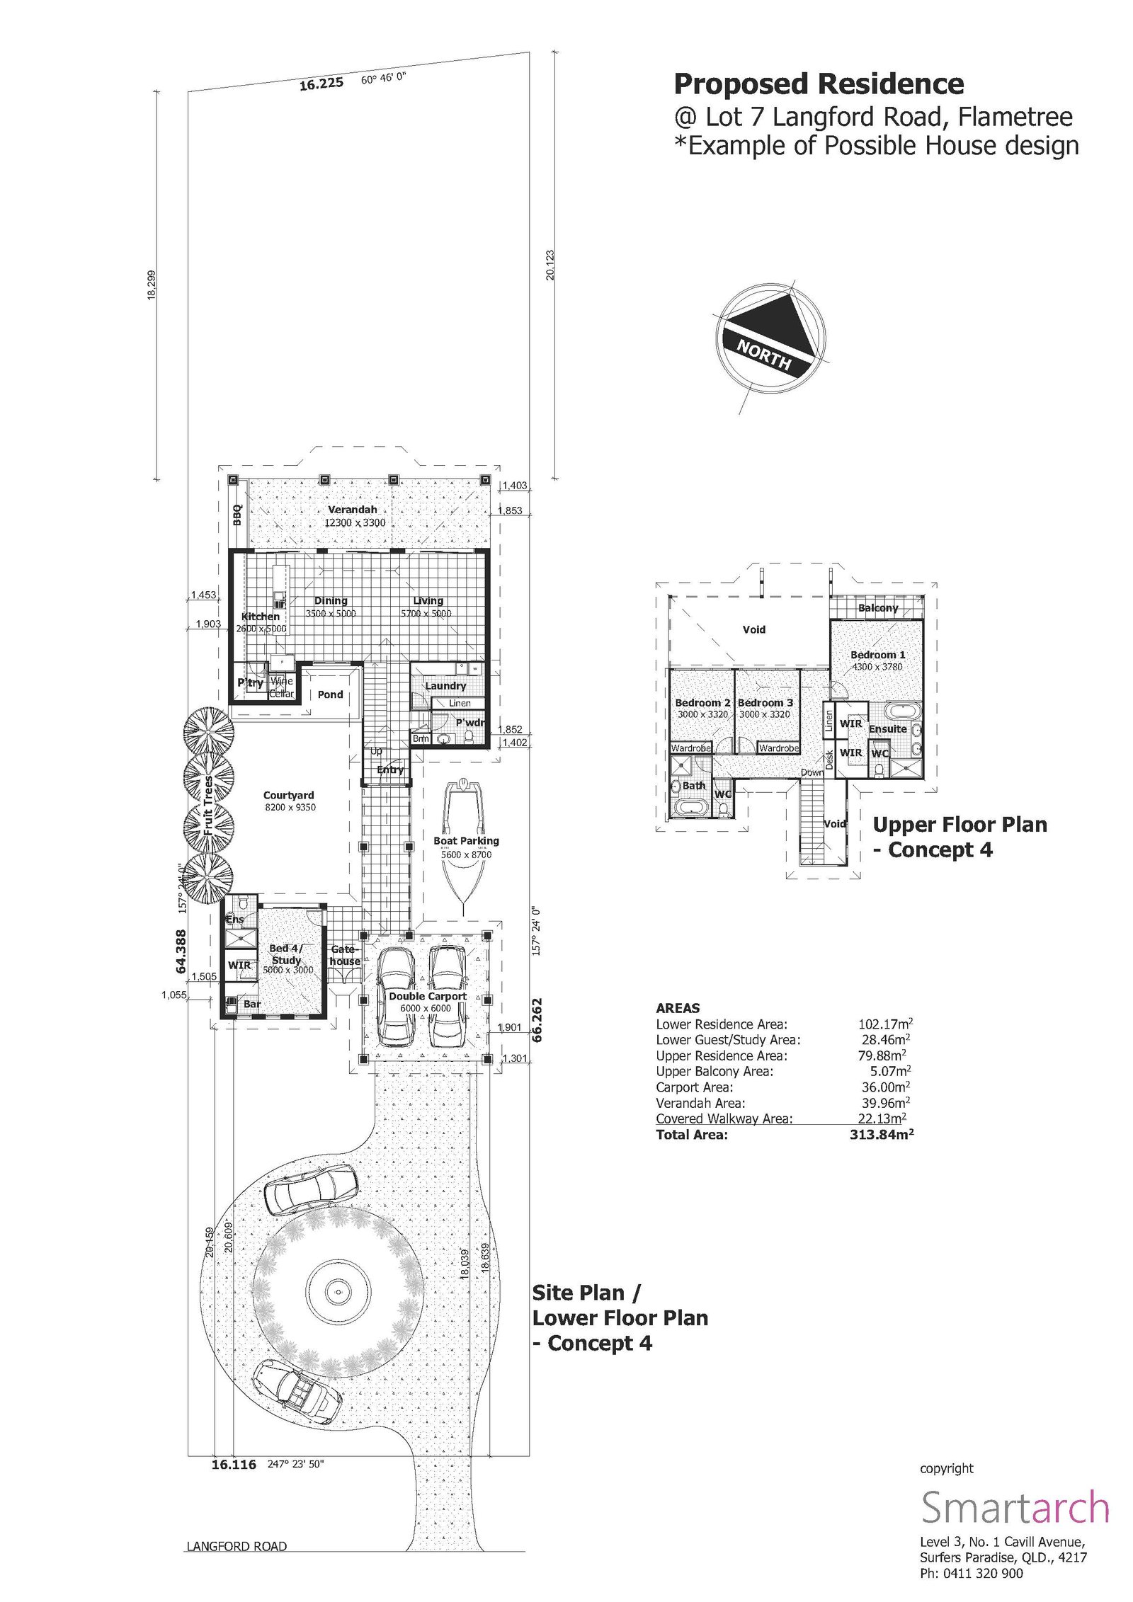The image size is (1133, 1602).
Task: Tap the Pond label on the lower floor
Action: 330,694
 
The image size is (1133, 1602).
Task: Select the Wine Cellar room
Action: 281,687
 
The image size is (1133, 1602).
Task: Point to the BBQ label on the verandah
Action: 238,514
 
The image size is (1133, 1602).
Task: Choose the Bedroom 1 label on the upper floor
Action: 877,655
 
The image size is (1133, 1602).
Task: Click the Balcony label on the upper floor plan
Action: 877,608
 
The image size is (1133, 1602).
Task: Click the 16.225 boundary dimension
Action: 321,84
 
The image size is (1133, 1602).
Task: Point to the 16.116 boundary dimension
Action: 234,1465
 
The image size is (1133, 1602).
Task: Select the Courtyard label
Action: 288,795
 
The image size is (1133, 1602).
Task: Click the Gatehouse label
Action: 345,955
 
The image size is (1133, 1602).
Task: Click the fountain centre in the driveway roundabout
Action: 336,1291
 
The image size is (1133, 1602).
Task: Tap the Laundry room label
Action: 445,685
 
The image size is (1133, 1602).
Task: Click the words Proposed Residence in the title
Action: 818,84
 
